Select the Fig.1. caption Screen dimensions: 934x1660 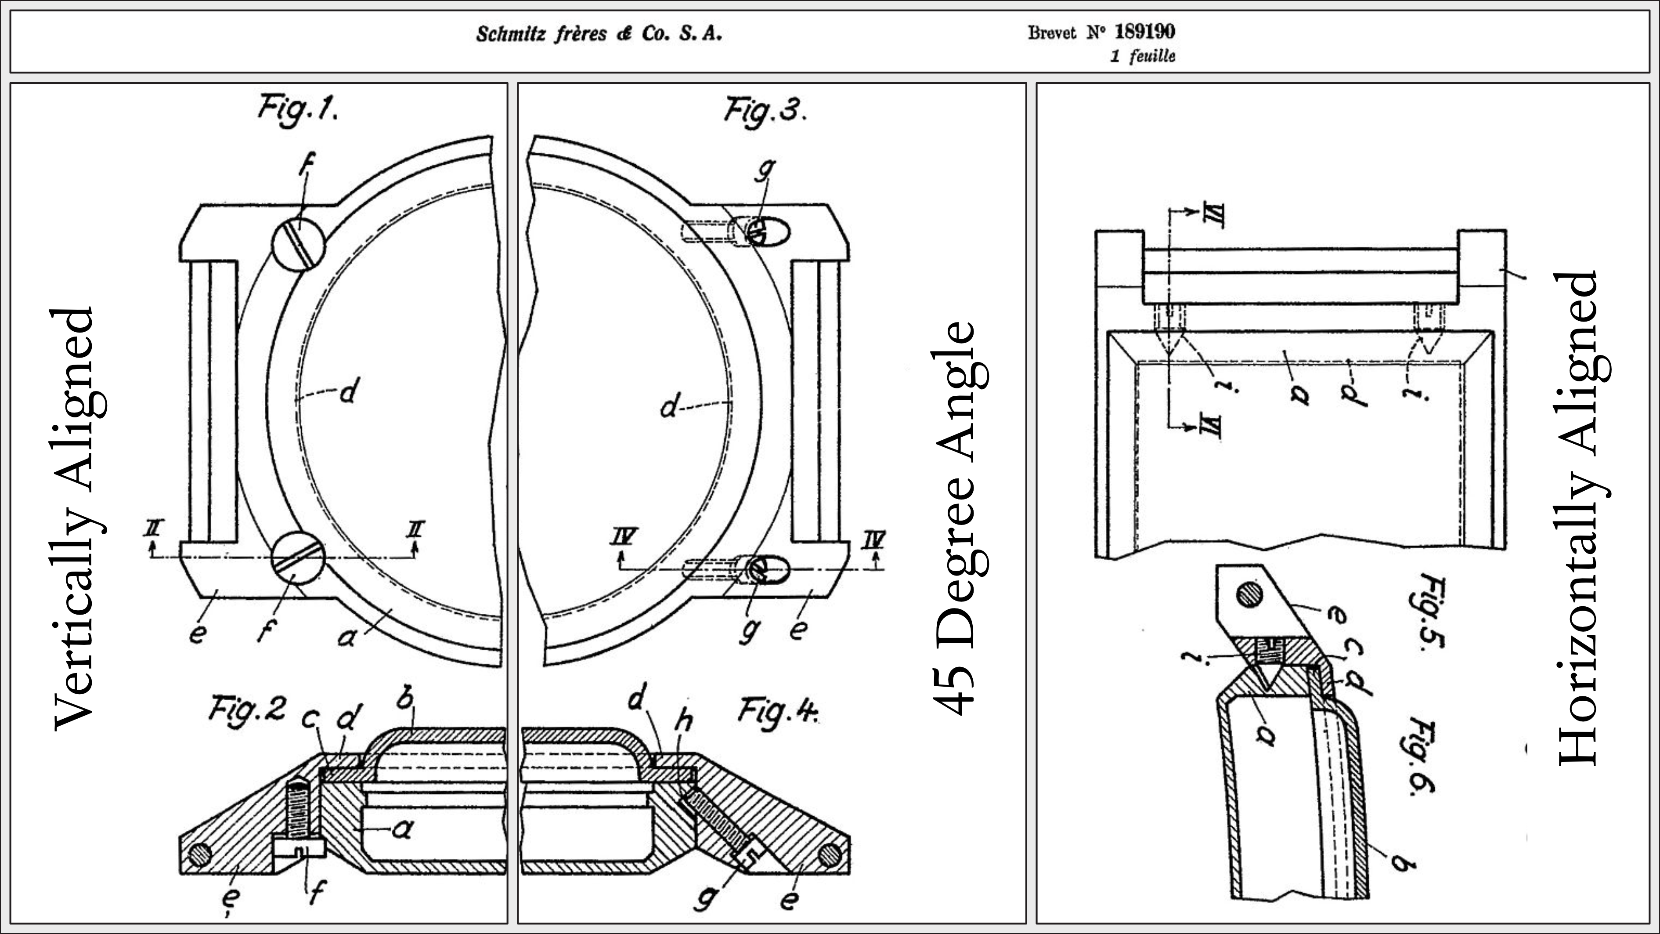298,109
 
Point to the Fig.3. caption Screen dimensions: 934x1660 764,111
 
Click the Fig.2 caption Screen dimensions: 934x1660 246,710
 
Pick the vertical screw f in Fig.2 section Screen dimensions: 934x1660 298,818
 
